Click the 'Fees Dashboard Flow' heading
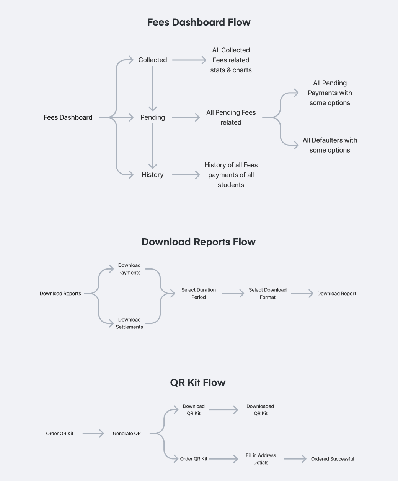tap(199, 22)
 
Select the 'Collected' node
tap(153, 60)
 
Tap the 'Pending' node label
tap(153, 117)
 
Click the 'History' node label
tap(153, 175)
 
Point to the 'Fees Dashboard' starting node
tap(68, 117)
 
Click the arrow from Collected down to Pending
tap(153, 88)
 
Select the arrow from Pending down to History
tap(153, 146)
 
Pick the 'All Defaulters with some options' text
tap(330, 145)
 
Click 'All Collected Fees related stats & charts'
tap(231, 60)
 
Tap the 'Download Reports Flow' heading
tap(199, 242)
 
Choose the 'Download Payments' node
tap(129, 269)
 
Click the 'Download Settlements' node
tap(129, 323)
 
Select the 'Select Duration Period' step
tap(199, 294)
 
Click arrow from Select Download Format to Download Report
tap(302, 294)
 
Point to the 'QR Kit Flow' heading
tap(198, 383)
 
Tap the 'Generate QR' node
tap(127, 434)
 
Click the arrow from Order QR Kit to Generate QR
tap(93, 434)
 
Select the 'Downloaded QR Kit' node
tap(260, 410)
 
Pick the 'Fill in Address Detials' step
tap(261, 459)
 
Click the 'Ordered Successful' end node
tap(333, 459)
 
